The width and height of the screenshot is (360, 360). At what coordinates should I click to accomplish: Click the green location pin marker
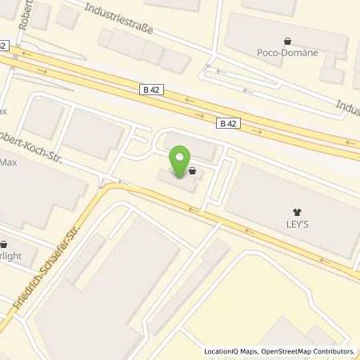click(181, 160)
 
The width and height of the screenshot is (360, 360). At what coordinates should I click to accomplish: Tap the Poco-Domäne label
click(288, 53)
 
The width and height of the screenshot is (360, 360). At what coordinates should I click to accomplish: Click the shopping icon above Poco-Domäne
click(287, 40)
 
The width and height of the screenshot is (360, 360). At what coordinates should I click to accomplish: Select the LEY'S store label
click(298, 226)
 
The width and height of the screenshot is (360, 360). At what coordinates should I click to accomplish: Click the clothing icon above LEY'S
click(298, 214)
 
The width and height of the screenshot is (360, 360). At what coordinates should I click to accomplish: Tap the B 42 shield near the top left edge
click(4, 46)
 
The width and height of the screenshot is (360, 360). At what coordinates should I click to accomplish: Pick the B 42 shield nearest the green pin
click(227, 122)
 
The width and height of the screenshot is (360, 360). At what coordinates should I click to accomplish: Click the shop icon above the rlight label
click(5, 246)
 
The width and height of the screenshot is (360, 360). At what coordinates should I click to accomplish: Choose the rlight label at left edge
click(10, 258)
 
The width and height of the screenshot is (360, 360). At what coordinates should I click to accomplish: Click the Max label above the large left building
click(9, 162)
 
